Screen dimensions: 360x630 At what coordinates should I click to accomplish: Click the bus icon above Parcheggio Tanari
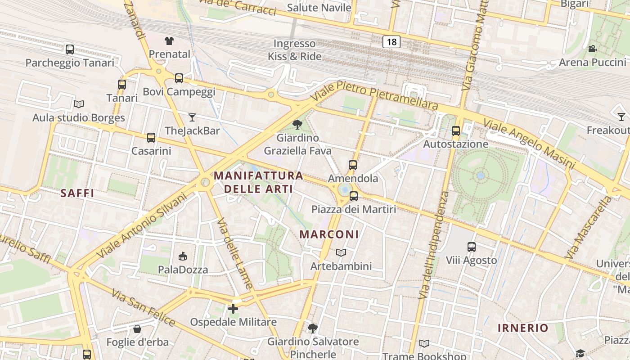[70, 49]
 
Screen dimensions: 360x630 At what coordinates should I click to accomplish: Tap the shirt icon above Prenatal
[169, 41]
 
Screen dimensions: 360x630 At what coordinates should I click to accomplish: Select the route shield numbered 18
[391, 42]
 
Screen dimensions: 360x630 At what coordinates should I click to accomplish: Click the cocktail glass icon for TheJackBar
[192, 117]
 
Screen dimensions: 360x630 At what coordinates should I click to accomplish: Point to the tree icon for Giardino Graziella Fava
[297, 124]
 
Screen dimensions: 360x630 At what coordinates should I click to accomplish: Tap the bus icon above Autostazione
[456, 131]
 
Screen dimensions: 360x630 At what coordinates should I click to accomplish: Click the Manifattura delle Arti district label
[258, 182]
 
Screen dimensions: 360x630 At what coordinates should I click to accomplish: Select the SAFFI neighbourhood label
[77, 193]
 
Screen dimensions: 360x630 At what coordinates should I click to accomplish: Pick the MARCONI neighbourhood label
[329, 234]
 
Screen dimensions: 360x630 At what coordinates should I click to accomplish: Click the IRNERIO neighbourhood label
[523, 328]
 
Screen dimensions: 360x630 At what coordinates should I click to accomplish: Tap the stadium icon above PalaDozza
[183, 256]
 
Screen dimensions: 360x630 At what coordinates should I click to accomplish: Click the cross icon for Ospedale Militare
[233, 309]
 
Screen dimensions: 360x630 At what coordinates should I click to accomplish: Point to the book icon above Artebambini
[341, 253]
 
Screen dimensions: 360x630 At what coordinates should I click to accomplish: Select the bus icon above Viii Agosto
[471, 247]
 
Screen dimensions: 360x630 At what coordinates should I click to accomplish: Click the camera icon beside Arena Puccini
[592, 49]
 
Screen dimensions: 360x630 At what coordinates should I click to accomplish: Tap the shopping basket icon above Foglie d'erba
[137, 329]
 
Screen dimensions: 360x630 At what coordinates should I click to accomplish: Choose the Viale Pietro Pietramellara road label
[374, 95]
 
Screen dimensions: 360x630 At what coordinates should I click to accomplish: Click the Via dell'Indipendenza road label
[433, 245]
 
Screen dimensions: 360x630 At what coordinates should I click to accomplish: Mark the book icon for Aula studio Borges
[79, 104]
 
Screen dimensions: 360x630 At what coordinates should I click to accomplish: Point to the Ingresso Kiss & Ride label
[295, 50]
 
